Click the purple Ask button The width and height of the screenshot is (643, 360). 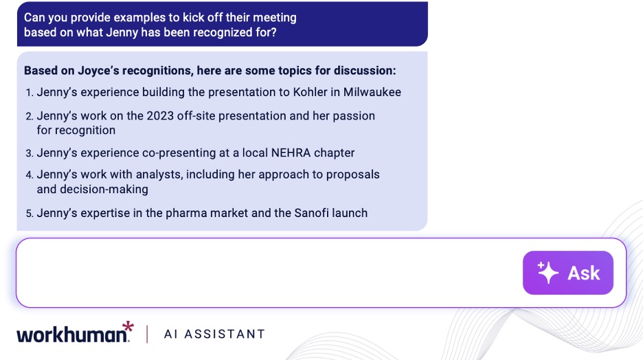pyautogui.click(x=567, y=273)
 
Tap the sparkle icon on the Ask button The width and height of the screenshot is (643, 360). pyautogui.click(x=548, y=273)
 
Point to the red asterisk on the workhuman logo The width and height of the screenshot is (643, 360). pyautogui.click(x=127, y=326)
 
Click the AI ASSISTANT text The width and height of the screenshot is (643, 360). pyautogui.click(x=214, y=335)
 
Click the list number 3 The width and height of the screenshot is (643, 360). pyautogui.click(x=30, y=153)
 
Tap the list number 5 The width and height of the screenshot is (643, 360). pyautogui.click(x=30, y=214)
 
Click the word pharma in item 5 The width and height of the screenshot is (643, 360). pyautogui.click(x=185, y=213)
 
